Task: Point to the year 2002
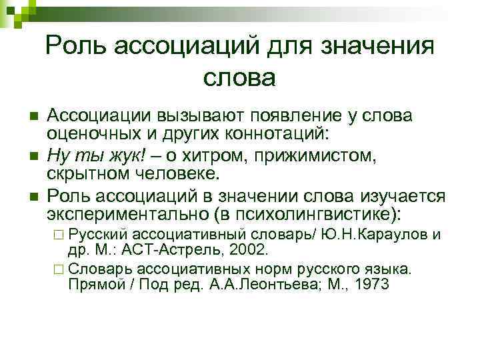point(246,251)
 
